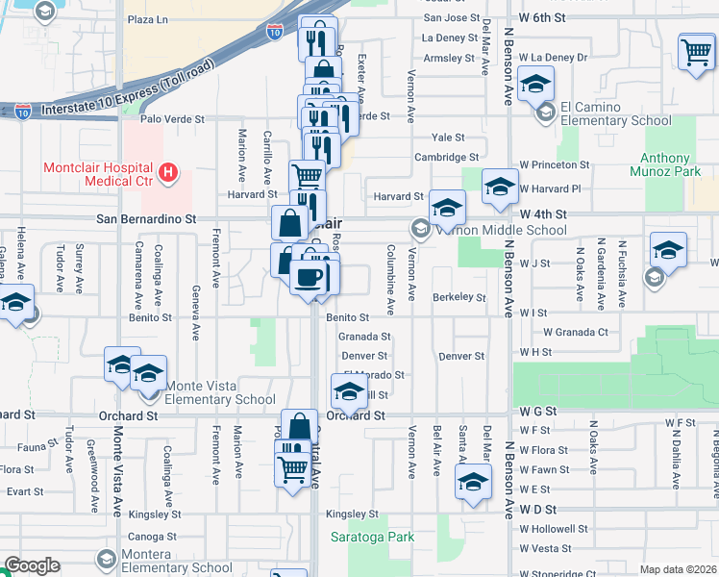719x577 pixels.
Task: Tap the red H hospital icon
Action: click(x=169, y=173)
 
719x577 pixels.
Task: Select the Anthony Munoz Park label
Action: click(x=666, y=164)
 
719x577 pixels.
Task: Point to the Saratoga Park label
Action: click(x=373, y=537)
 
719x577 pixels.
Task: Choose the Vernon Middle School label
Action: click(x=502, y=230)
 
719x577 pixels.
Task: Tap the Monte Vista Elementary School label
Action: click(x=221, y=392)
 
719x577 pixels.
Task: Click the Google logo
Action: click(x=31, y=565)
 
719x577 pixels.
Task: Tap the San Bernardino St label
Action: click(x=146, y=219)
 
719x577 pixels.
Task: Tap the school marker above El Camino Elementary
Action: click(x=536, y=83)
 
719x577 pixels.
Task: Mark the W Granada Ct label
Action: click(x=576, y=332)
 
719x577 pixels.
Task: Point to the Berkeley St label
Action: click(x=459, y=297)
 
